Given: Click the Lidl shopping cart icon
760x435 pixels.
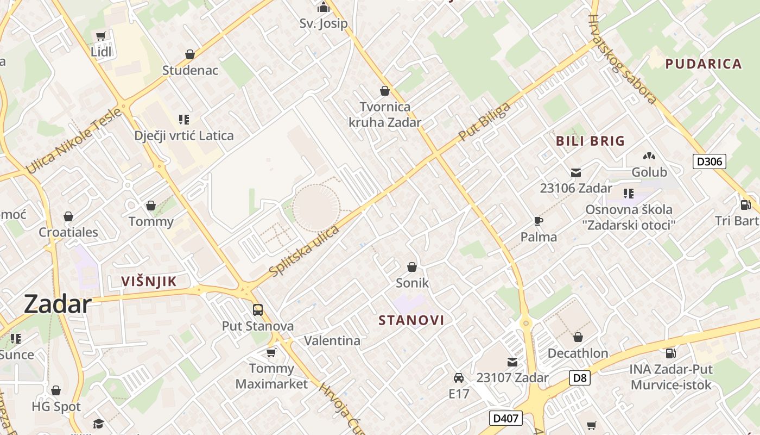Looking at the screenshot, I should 100,36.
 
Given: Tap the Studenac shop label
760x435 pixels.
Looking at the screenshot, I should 190,70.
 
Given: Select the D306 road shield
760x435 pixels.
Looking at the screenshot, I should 709,161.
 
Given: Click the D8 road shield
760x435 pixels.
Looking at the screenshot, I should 580,377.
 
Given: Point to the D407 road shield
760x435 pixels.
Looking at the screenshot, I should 506,418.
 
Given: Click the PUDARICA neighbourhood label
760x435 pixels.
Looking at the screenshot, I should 704,64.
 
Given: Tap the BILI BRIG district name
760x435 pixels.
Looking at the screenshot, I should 590,141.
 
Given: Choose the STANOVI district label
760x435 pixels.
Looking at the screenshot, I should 411,320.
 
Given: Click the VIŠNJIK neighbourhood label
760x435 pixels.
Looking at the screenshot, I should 149,281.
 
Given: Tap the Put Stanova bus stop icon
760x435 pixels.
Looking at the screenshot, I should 258,310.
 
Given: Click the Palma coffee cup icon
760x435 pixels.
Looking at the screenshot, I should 538,221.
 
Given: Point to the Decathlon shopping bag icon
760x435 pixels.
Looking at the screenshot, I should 578,337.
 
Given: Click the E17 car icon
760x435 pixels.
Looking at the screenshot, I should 458,377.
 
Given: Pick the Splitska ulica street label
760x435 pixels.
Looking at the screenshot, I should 304,250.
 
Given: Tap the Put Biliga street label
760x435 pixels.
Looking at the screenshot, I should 484,122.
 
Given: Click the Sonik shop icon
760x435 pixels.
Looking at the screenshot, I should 412,267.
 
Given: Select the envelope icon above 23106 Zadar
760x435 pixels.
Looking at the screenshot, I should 576,173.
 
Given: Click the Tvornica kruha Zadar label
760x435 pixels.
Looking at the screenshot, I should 384,114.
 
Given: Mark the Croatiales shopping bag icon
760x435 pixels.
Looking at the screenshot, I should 68,216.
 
